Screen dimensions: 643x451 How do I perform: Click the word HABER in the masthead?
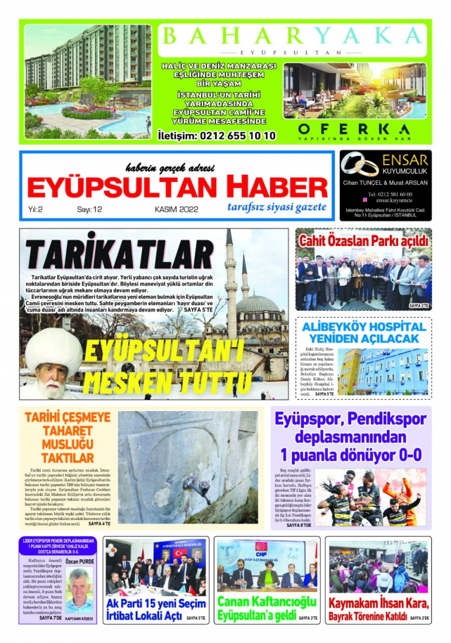pos(272,187)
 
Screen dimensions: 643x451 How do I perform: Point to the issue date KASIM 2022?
pos(176,209)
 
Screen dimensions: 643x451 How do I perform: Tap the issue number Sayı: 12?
pos(89,209)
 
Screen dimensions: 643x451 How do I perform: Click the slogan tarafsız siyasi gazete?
pos(277,207)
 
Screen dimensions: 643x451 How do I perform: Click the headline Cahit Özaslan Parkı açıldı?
pos(364,241)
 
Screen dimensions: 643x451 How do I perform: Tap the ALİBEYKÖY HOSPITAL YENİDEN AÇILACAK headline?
pos(363,332)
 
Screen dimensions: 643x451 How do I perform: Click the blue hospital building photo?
pos(382,370)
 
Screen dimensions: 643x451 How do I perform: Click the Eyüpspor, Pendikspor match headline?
pos(351,436)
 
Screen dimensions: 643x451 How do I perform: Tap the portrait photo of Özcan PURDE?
pos(78,592)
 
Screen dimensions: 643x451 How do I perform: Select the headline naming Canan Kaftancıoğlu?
pos(257,609)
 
